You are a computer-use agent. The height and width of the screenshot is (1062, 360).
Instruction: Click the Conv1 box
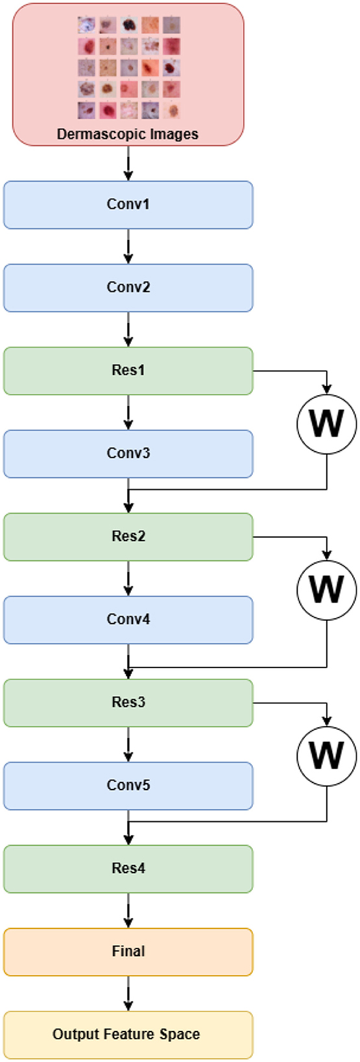tap(128, 205)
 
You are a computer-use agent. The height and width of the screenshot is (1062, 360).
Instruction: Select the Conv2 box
tap(128, 288)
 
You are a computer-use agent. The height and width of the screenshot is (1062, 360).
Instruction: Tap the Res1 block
tap(128, 370)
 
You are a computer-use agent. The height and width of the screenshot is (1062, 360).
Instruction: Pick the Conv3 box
tap(128, 453)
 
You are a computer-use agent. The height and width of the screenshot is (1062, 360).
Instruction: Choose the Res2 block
tap(128, 537)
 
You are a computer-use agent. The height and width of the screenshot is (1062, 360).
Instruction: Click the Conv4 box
tap(128, 620)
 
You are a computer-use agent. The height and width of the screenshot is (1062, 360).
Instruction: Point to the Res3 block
tap(128, 703)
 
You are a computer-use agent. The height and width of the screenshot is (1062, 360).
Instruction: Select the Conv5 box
tap(128, 786)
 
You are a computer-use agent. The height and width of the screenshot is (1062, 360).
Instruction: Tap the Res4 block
tap(128, 869)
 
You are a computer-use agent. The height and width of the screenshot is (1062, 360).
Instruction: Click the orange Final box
tap(128, 952)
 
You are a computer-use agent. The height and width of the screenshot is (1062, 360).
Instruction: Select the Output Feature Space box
tap(128, 1035)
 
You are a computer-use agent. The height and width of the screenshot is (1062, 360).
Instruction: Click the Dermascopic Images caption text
tap(128, 134)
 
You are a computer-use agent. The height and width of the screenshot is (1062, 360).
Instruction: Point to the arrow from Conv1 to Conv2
tap(128, 246)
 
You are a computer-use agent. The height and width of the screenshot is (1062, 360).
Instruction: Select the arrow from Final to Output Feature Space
tap(128, 993)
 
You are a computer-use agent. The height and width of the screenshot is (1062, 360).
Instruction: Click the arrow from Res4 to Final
tap(128, 910)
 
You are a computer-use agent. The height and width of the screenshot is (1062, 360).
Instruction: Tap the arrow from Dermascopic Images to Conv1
tap(128, 163)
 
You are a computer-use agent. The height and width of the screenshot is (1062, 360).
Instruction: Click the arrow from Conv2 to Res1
tap(128, 329)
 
